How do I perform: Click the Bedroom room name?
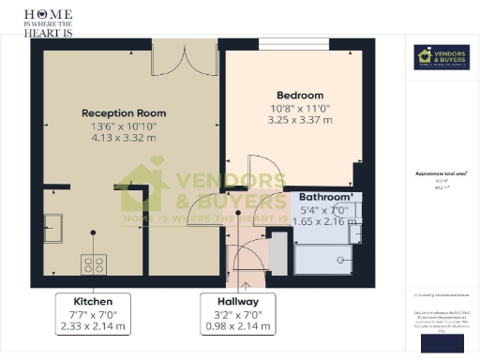click(300, 95)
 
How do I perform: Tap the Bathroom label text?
click(326, 196)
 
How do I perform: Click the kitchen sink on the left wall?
click(53, 227)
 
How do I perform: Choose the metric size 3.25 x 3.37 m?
click(300, 120)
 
